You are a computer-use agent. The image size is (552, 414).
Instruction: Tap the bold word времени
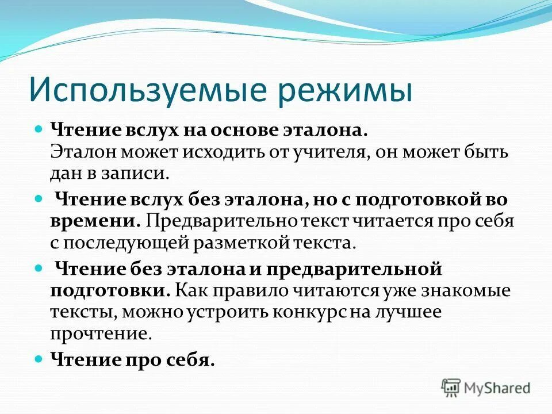click(94, 220)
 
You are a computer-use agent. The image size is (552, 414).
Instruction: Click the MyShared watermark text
click(498, 388)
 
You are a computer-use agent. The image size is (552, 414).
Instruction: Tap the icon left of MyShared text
click(451, 388)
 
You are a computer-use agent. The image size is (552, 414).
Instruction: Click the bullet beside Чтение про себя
click(39, 358)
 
